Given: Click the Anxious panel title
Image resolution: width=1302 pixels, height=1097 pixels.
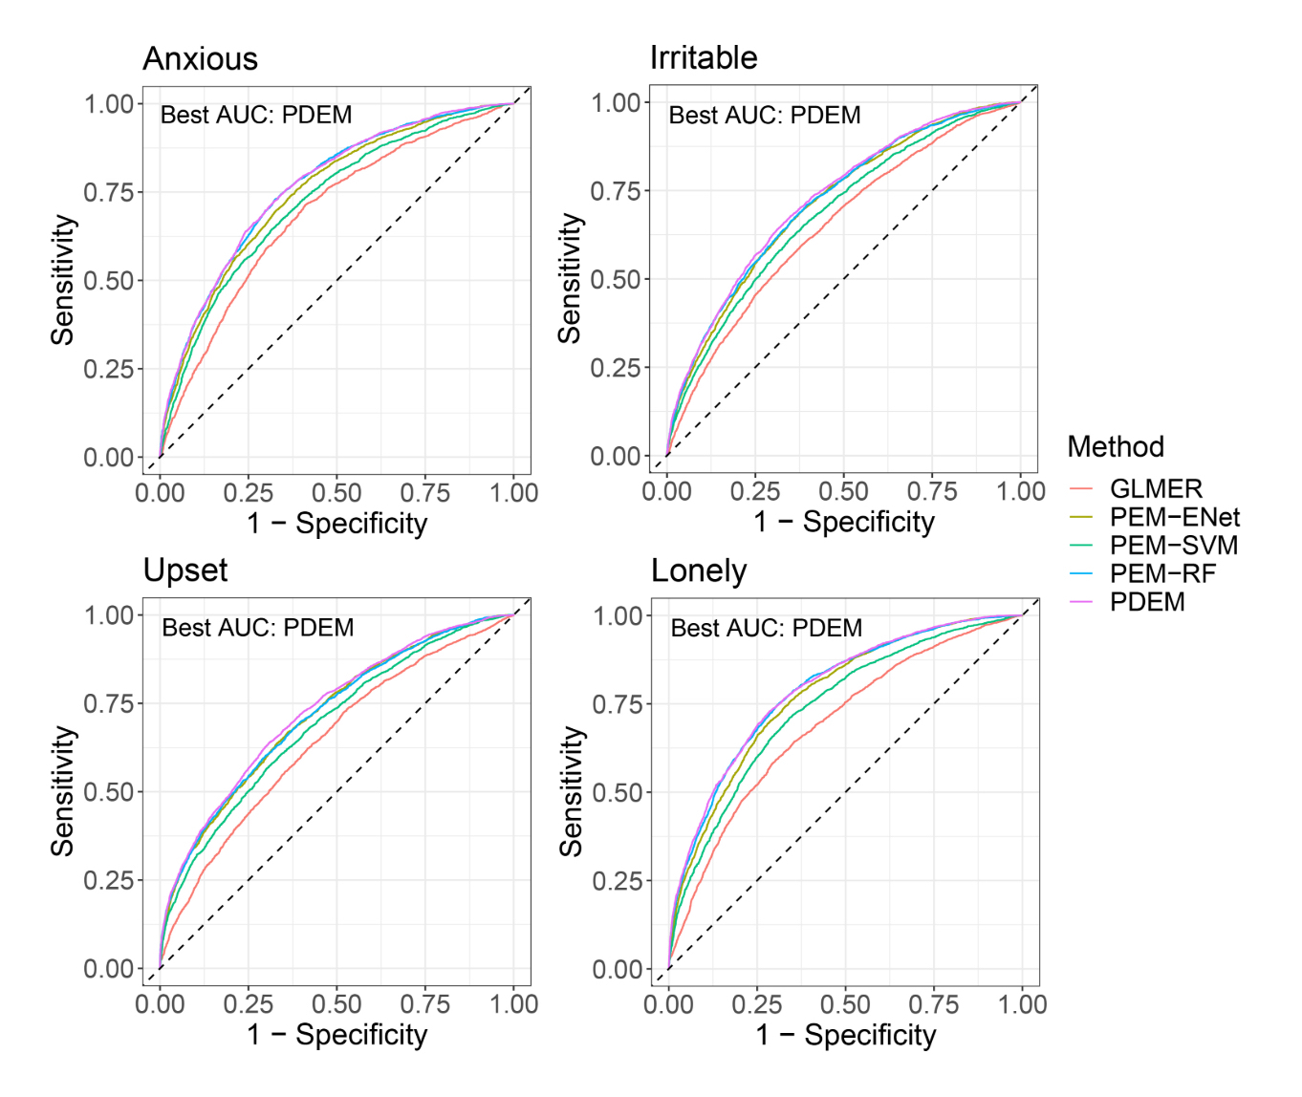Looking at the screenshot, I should point(200,59).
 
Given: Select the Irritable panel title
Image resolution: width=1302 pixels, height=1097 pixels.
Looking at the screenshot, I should point(703,58).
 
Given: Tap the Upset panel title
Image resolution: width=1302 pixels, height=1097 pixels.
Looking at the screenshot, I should point(184,570).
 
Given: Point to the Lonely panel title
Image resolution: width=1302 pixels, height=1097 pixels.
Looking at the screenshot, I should point(698,571).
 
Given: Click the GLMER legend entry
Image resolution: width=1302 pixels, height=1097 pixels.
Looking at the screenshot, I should point(1155,488).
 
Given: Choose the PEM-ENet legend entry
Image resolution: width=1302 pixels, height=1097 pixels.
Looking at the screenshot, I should point(1174,517).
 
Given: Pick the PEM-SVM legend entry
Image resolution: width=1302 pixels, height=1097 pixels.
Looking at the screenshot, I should point(1173,546).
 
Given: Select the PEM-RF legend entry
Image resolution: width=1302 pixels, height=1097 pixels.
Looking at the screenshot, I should point(1161,573).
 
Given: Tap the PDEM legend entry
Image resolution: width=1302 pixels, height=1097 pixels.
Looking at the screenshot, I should point(1146,602).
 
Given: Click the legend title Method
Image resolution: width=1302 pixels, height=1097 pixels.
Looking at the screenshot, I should point(1115,446).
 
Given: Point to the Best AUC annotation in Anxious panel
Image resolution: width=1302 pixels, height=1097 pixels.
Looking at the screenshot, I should point(256,115).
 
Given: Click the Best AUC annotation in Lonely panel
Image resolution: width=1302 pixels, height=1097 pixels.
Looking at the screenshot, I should point(766,628).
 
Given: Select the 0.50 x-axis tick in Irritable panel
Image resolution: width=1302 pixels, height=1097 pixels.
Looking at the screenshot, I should point(843,491).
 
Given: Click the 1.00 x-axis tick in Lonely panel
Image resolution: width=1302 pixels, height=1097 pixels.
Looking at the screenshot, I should point(1022,1004).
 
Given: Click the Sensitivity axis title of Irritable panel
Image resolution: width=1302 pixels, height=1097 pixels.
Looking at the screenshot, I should point(570,279).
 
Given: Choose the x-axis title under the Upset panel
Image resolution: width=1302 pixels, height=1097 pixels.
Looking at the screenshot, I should point(336,1034).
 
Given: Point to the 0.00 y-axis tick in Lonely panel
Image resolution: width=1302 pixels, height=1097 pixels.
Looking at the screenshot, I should point(618,969).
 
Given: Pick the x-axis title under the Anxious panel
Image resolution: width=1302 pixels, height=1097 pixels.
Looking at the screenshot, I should point(336,523).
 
